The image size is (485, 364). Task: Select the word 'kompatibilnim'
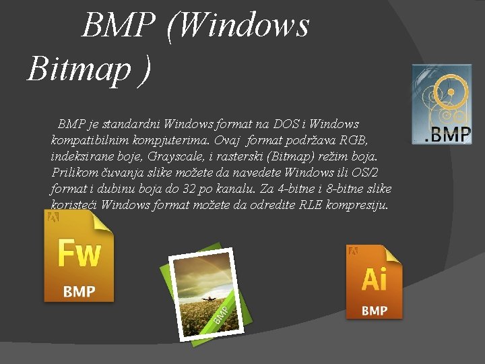click(86, 140)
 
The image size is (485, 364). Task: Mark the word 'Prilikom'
click(74, 173)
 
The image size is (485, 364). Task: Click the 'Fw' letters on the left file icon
click(79, 254)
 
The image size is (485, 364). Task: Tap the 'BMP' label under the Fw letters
click(79, 292)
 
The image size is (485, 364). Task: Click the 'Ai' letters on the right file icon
click(375, 278)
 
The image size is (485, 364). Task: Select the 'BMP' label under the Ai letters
click(375, 310)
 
